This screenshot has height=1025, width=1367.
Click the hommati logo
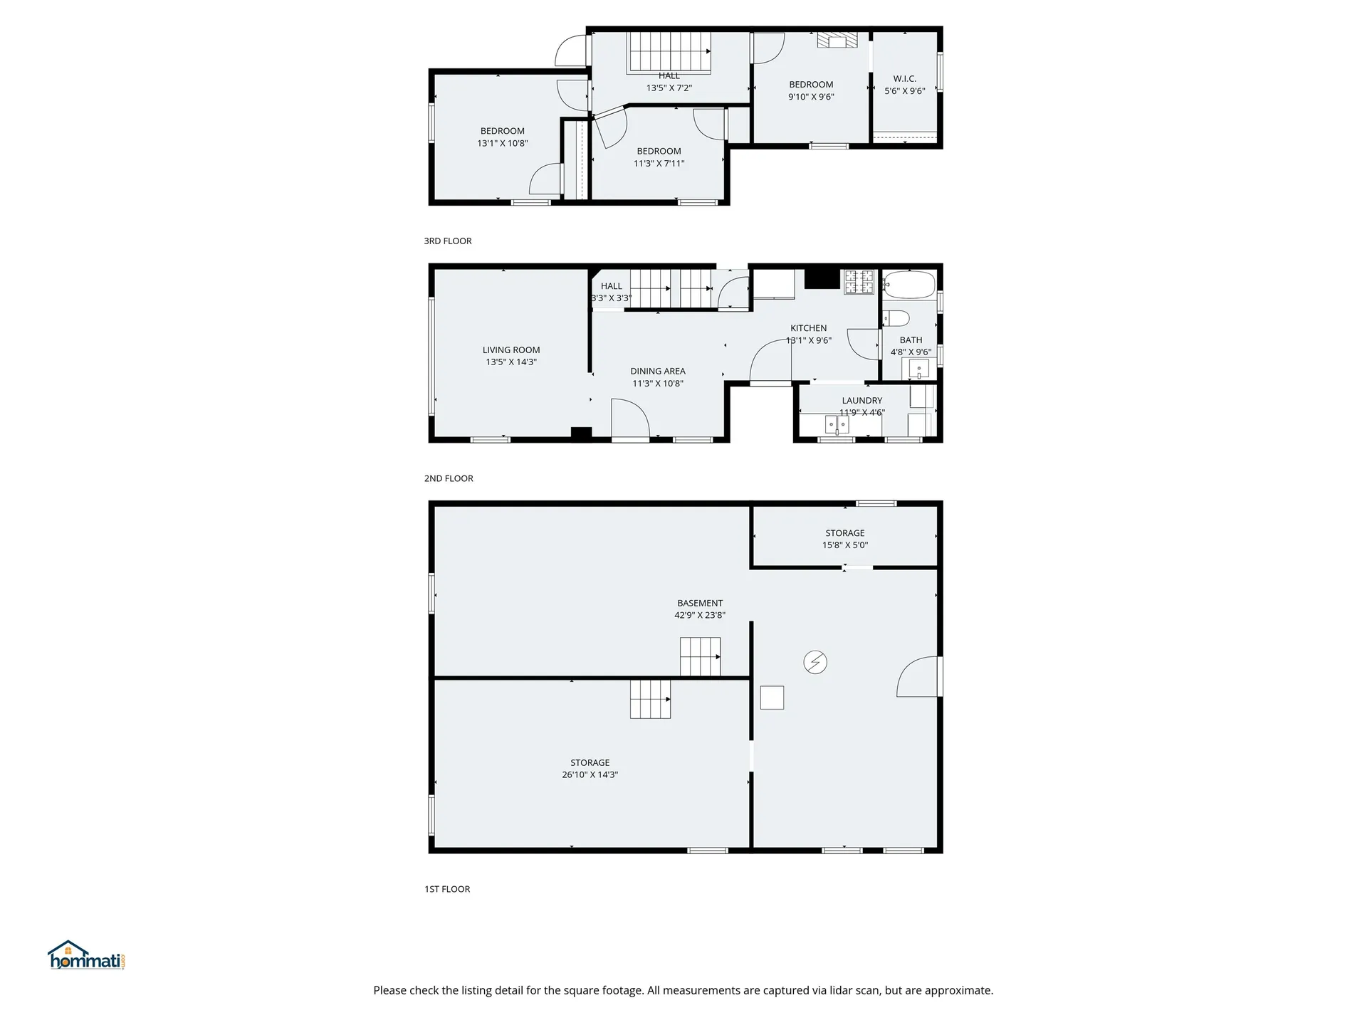pos(87,955)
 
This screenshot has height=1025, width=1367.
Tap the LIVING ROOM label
pos(511,349)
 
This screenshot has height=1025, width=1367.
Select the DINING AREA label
pos(658,371)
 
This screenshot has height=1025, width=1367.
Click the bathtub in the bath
pos(909,285)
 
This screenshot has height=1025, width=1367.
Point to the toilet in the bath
pos(896,317)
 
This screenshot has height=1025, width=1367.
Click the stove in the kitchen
pos(859,282)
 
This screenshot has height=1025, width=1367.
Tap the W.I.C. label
pos(905,79)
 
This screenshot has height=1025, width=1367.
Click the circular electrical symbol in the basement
pos(815,663)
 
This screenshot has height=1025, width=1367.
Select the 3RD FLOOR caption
pos(448,241)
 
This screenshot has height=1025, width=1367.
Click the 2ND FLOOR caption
pos(449,478)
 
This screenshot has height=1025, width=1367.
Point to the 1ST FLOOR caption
pos(447,889)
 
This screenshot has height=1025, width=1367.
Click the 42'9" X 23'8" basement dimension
pos(700,615)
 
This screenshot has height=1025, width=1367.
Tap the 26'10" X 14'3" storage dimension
pos(590,774)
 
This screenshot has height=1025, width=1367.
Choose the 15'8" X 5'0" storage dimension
pos(845,545)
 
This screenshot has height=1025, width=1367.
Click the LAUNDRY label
pos(862,401)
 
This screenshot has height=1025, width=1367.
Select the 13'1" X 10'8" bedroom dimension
pos(503,143)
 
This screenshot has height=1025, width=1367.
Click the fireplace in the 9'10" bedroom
pos(837,41)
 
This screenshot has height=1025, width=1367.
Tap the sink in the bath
pos(919,369)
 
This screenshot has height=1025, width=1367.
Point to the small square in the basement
pos(772,698)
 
